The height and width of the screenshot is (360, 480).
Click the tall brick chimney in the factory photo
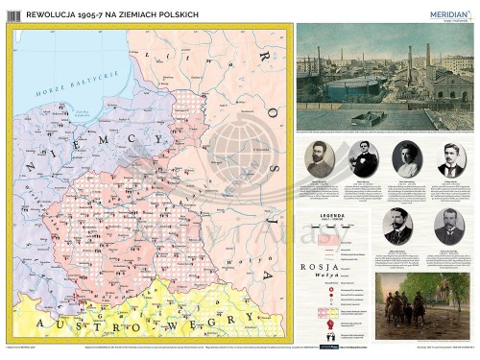point(410,67)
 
